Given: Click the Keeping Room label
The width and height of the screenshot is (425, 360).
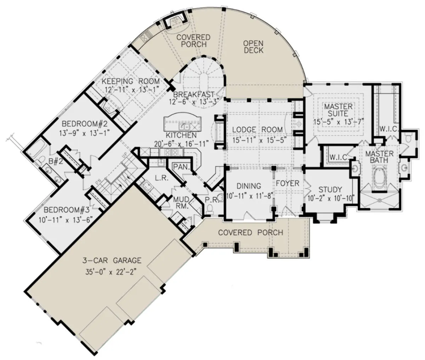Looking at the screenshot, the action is pos(131,81).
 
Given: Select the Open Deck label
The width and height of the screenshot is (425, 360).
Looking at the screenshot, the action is pos(254,47).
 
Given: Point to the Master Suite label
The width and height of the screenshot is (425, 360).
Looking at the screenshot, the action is pos(338,110).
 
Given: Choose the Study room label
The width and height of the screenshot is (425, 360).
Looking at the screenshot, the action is pos(330,189).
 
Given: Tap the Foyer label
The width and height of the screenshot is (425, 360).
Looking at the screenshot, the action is pos(288,183).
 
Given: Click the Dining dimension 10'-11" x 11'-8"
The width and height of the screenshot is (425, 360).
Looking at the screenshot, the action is pos(250,195).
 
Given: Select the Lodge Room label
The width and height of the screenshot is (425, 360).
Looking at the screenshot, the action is pos(257,130).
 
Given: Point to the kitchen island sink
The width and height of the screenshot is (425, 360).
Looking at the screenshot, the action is pos(184,127).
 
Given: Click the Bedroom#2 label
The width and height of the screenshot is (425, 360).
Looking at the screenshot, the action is pos(85,124).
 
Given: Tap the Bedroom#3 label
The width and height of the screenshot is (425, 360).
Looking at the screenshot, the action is pos(67,210).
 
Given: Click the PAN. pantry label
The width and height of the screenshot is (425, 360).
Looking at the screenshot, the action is pos(181,167).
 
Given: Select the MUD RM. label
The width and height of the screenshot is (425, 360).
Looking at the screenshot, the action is pos(181,202).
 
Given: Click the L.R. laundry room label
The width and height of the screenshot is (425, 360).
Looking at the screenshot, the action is pos(161,178).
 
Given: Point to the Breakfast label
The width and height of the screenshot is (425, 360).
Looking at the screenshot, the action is pos(194,95).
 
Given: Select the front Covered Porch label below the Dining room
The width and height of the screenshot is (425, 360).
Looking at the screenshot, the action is pos(251,233).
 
